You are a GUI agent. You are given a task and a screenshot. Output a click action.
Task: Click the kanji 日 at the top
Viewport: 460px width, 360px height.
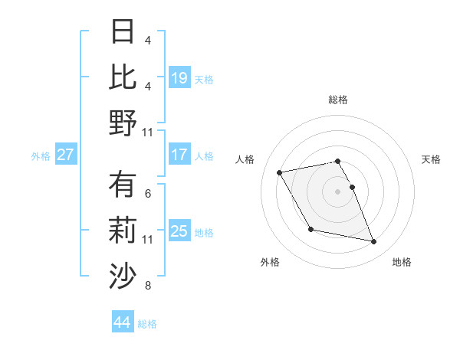click(x=123, y=32)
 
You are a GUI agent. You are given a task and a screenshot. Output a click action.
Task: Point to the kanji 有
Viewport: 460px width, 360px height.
click(x=123, y=185)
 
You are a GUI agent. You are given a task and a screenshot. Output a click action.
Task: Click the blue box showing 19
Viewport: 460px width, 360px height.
click(x=179, y=77)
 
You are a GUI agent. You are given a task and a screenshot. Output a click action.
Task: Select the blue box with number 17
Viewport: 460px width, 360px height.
click(x=179, y=155)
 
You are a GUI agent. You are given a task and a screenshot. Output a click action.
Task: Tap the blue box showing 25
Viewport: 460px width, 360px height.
click(x=179, y=231)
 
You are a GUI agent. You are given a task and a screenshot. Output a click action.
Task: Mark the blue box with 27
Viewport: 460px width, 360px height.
click(x=66, y=155)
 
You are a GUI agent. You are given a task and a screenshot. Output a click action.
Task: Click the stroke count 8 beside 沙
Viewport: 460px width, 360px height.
click(x=147, y=286)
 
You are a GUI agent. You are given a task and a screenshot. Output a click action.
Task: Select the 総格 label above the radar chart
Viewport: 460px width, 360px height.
click(x=338, y=100)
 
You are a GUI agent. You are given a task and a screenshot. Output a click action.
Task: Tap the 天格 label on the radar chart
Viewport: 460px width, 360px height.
click(x=432, y=159)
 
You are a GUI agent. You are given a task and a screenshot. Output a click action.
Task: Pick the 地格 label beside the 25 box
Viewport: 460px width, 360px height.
click(x=205, y=232)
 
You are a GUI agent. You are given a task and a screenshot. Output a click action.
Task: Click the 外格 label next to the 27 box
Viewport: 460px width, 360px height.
click(x=41, y=155)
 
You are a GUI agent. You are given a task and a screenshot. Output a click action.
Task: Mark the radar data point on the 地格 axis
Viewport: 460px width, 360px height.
click(x=374, y=242)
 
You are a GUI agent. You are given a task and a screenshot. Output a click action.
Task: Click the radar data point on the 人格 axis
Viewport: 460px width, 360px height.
click(x=280, y=173)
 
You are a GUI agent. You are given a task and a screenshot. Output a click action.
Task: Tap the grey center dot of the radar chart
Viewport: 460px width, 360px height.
click(x=338, y=191)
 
